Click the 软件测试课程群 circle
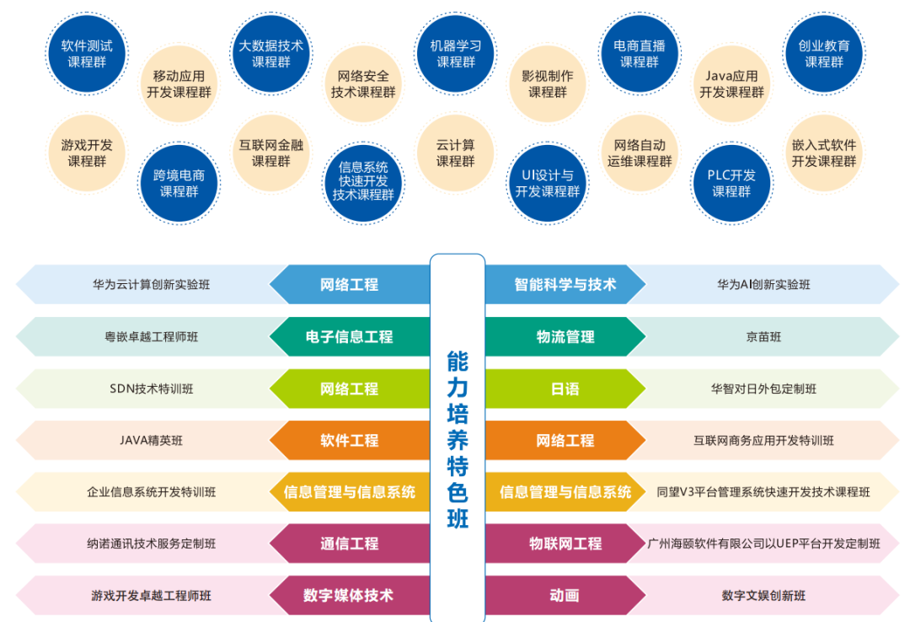click(x=87, y=54)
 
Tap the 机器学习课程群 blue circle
click(x=456, y=54)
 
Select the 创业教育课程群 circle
click(x=823, y=54)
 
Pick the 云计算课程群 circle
click(x=456, y=153)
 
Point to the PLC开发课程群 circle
click(x=731, y=183)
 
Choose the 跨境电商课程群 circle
click(x=179, y=183)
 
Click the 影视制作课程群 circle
click(x=548, y=83)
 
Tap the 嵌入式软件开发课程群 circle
click(x=823, y=153)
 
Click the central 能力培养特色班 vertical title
click(x=458, y=439)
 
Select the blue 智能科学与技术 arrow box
click(x=565, y=285)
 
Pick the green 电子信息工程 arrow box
click(x=349, y=337)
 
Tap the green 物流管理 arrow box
click(x=565, y=337)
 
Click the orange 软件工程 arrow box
click(x=349, y=441)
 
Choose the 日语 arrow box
click(x=565, y=389)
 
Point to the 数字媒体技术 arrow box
click(x=349, y=596)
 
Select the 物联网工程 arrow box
click(x=565, y=544)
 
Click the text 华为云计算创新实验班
click(x=152, y=285)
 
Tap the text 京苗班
click(x=763, y=337)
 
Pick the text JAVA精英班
click(x=152, y=441)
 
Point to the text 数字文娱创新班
click(x=763, y=596)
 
